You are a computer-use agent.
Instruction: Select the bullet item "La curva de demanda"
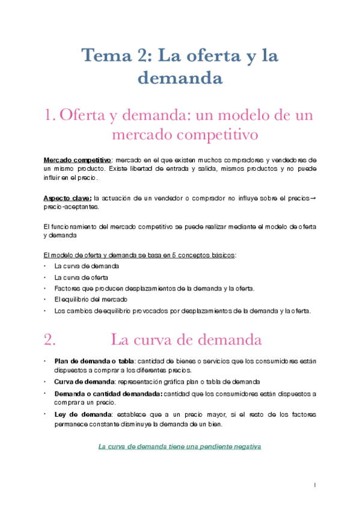click(87, 265)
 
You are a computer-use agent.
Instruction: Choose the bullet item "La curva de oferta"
click(81, 277)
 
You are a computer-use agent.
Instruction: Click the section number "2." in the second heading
click(50, 339)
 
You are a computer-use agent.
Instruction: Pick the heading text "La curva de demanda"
click(186, 339)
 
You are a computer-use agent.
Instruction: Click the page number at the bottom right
click(314, 484)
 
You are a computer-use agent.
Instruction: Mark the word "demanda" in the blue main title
click(180, 78)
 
